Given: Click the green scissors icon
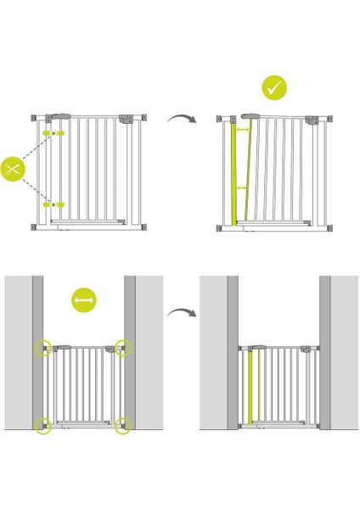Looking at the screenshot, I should [12, 169].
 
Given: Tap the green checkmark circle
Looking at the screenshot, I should [274, 87].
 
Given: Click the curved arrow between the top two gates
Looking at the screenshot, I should [181, 119].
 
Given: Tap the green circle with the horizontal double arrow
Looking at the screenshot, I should [84, 300].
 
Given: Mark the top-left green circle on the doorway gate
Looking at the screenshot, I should [43, 348].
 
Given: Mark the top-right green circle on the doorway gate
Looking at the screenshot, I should [123, 348].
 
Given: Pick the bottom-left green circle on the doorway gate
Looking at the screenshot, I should [43, 425].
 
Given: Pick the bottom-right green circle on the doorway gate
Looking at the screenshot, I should [123, 425].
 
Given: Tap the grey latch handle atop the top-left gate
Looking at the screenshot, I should [61, 117].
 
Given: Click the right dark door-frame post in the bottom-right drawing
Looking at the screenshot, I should [324, 352].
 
